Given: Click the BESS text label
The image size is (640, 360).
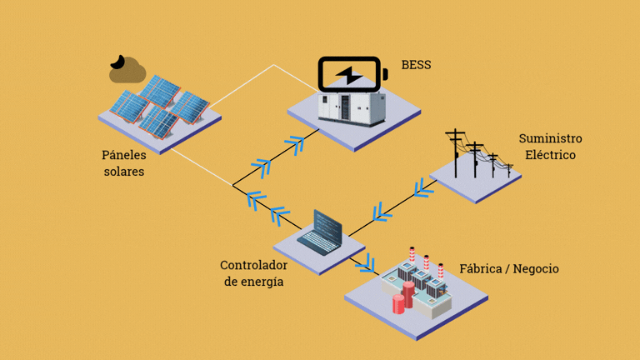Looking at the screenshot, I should pyautogui.click(x=416, y=65).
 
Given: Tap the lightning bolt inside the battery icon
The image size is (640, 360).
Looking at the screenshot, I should pyautogui.click(x=350, y=75).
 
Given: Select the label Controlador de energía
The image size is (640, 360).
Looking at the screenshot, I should pyautogui.click(x=253, y=273).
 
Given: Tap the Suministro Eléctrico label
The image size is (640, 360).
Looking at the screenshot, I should pyautogui.click(x=550, y=147).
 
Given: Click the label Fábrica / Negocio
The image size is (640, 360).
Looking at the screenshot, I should pyautogui.click(x=509, y=269).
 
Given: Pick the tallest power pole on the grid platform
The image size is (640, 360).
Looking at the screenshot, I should pyautogui.click(x=455, y=150).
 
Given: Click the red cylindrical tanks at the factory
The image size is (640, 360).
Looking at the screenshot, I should pyautogui.click(x=403, y=297).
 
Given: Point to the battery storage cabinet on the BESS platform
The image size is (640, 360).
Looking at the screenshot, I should pyautogui.click(x=351, y=108).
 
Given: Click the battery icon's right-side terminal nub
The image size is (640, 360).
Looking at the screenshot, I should pyautogui.click(x=385, y=75).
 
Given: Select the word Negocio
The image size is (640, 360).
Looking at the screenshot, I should pyautogui.click(x=536, y=269).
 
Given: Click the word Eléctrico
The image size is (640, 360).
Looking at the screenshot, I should pyautogui.click(x=550, y=155).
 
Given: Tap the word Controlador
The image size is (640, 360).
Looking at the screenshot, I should pyautogui.click(x=253, y=265).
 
